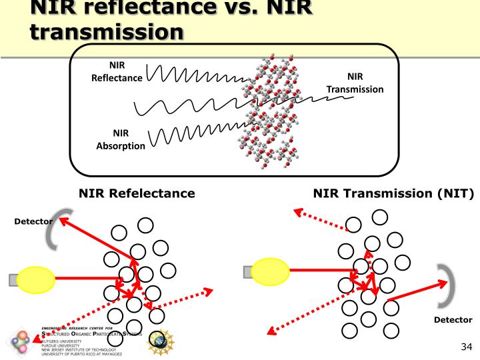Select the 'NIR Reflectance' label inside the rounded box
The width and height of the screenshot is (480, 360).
click(117, 71)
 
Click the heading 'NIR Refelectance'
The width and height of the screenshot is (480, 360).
click(137, 193)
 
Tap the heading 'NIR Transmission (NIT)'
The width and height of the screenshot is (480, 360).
click(393, 193)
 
